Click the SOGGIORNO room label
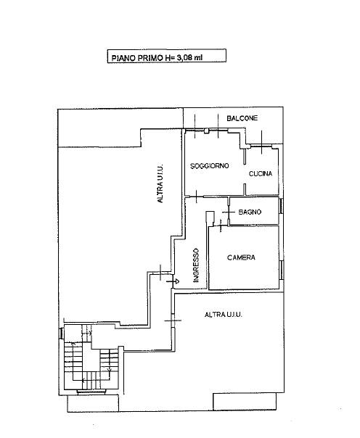(x=209, y=166)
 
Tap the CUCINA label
(x=261, y=174)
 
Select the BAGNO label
(x=250, y=212)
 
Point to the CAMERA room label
(x=241, y=257)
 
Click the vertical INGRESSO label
(x=196, y=265)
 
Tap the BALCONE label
(x=242, y=118)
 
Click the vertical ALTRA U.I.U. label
(x=160, y=183)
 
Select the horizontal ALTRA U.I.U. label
(x=224, y=315)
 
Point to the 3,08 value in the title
(x=184, y=58)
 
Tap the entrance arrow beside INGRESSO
(x=173, y=281)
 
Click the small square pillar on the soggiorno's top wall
(x=207, y=131)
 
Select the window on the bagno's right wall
(x=282, y=206)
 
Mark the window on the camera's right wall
(x=282, y=270)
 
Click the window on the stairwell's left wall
(x=61, y=333)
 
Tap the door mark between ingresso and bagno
(x=229, y=212)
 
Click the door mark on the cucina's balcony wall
(x=261, y=142)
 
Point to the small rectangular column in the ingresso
(x=210, y=218)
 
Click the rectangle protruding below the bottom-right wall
(x=245, y=402)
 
